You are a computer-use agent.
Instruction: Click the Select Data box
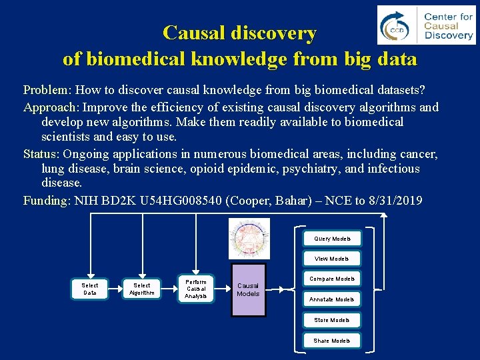tap(89, 289)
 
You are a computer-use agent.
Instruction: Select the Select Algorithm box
tap(142, 289)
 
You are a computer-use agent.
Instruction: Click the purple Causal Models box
tap(248, 289)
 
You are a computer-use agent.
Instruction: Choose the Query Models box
tap(332, 238)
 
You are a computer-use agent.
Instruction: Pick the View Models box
tap(332, 259)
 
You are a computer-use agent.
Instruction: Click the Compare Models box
tap(332, 279)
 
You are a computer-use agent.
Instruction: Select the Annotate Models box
tap(332, 299)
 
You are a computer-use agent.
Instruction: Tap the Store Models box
tap(332, 320)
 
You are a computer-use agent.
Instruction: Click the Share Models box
tap(332, 341)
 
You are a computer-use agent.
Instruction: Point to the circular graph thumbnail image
tap(249, 238)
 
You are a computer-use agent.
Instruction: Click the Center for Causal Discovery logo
tap(426, 26)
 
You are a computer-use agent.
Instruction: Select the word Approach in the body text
tap(51, 107)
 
